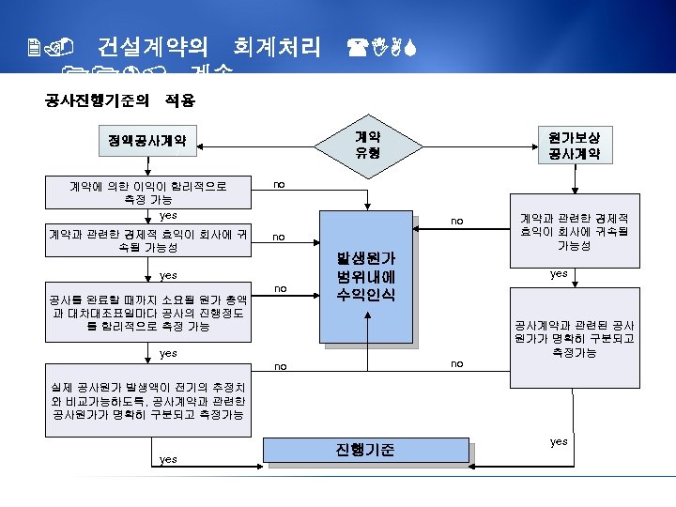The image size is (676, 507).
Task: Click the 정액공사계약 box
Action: point(147,143)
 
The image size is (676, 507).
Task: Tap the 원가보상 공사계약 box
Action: point(575,144)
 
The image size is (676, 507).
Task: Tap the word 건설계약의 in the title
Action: point(149,46)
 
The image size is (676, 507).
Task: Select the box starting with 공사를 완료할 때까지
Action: point(149,306)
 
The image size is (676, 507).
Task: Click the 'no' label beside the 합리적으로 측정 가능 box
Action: point(280,186)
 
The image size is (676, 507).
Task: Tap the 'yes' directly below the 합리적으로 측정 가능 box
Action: point(168,216)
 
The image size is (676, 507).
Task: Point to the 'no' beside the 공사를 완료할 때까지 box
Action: point(280,287)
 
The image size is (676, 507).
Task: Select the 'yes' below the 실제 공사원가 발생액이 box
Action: point(168,459)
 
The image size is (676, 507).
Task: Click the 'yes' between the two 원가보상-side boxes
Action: point(559,274)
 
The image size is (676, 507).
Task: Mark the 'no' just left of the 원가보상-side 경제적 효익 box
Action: point(457,222)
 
